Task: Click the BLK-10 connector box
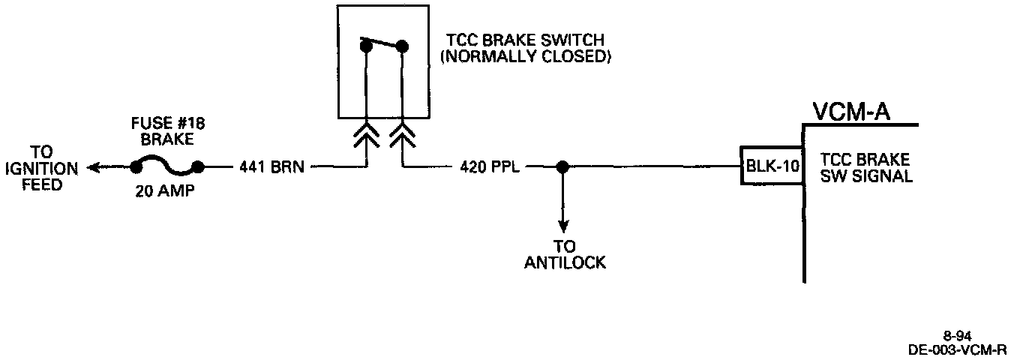(x=771, y=166)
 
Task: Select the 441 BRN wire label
(x=271, y=166)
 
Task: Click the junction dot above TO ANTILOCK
(x=562, y=166)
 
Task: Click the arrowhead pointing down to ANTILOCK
(x=562, y=226)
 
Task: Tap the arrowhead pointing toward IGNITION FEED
(x=94, y=166)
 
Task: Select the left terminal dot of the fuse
(x=137, y=166)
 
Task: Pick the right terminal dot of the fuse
(x=197, y=166)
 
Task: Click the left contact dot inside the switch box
(x=366, y=47)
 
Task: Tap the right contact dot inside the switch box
(x=402, y=47)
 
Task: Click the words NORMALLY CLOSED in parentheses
(x=525, y=56)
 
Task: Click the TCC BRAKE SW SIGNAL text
(x=865, y=168)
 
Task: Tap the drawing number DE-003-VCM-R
(x=957, y=349)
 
